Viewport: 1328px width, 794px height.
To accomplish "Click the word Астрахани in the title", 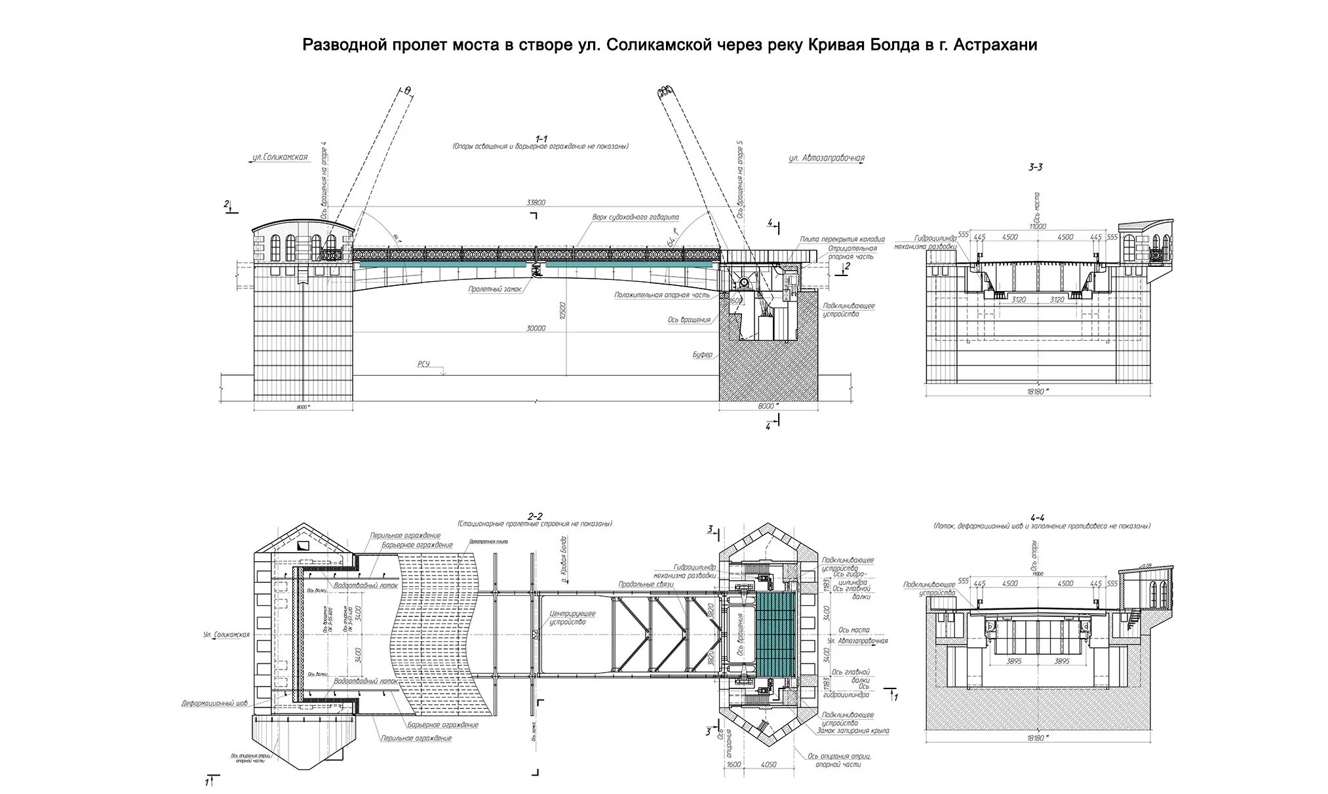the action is pos(996,45).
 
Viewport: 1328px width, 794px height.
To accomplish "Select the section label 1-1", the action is pos(541,138).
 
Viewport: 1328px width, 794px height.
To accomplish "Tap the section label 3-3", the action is pos(1036,167).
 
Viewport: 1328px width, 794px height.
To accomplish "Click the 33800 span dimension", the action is pos(536,203).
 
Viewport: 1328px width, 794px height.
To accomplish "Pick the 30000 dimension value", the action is pos(536,328).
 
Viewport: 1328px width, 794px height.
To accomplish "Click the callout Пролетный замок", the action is pos(495,288).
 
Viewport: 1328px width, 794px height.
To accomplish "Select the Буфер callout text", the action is pos(702,355).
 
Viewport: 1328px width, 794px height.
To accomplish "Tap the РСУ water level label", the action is pos(423,364).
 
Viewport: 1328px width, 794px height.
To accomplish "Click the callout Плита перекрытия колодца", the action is pos(842,239).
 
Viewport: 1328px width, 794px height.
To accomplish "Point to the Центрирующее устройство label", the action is pos(568,618).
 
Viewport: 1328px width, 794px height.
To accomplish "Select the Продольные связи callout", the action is pos(641,584).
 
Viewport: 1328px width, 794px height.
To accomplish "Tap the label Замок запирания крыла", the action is pos(853,730).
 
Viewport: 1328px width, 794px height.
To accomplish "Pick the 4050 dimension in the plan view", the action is pos(770,764).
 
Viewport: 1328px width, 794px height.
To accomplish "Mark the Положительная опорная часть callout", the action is pos(662,295).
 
